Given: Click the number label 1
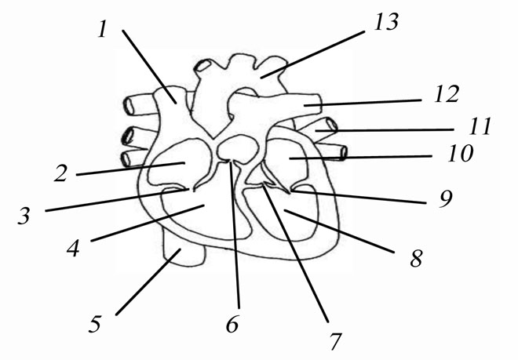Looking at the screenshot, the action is (103, 29).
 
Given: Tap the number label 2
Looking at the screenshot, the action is (61, 173).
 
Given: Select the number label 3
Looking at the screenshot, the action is (24, 216).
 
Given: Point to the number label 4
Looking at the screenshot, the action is (74, 248).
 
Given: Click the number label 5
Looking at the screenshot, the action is (95, 324).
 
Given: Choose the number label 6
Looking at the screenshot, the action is (232, 324).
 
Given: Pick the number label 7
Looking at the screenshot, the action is (335, 341).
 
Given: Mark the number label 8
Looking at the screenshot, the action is (416, 258).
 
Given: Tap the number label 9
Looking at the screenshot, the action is (446, 199).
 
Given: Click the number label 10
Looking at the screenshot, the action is (461, 154).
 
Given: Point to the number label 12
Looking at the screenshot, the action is (447, 94).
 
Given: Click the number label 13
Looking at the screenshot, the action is (386, 22).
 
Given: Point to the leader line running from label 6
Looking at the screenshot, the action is (235, 235).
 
